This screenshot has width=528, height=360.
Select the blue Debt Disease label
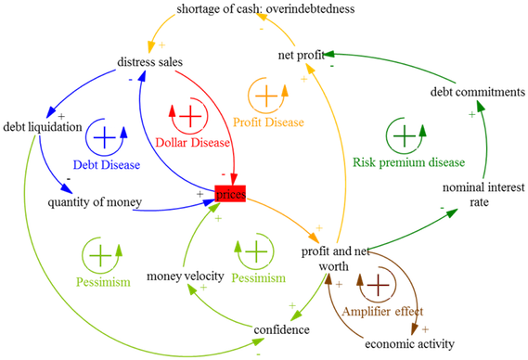pyautogui.click(x=106, y=166)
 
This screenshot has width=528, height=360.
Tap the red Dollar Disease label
pyautogui.click(x=189, y=145)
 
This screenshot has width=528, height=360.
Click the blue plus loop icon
pyautogui.click(x=105, y=137)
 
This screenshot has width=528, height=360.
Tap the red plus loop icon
pyautogui.click(x=189, y=116)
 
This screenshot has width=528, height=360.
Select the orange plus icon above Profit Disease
pyautogui.click(x=266, y=95)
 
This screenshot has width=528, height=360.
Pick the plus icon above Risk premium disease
pyautogui.click(x=404, y=135)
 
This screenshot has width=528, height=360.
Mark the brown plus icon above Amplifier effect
pyautogui.click(x=377, y=284)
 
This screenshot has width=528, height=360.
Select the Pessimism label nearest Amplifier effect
pyautogui.click(x=255, y=277)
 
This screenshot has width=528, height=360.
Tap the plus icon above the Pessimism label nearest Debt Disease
pyautogui.click(x=99, y=252)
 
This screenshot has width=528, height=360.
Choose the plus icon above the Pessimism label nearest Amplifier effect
pyautogui.click(x=254, y=251)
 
